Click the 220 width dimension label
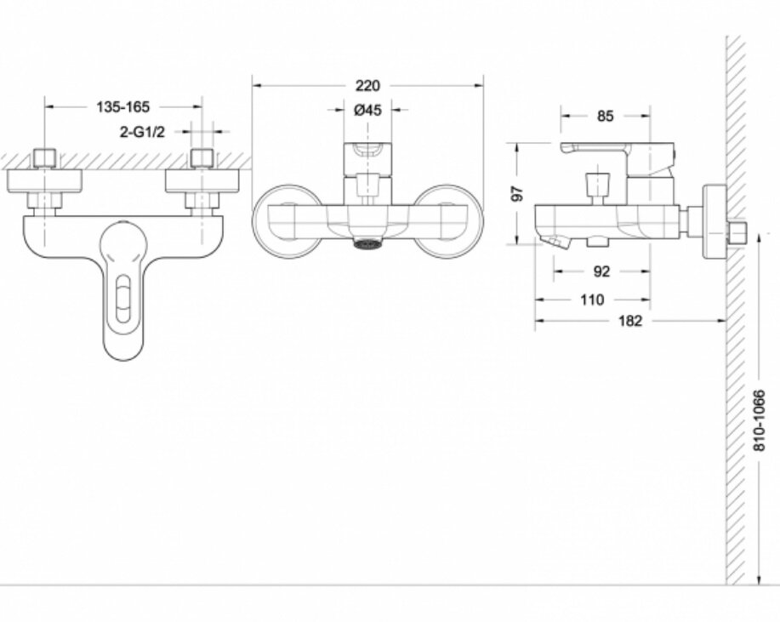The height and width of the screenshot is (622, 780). (367, 86)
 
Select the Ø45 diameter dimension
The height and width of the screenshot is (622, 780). (367, 110)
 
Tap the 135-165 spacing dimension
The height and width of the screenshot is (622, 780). (122, 106)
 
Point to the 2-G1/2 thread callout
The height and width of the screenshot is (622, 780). (142, 132)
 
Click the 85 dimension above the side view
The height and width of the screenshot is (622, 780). (605, 116)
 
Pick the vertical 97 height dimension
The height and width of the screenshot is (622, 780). (518, 193)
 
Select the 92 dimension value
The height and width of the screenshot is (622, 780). (601, 271)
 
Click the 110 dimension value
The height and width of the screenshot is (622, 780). (592, 300)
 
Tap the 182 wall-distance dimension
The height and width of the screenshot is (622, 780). (629, 321)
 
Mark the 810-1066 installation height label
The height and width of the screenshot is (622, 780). (759, 420)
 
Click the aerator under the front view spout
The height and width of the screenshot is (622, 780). (367, 243)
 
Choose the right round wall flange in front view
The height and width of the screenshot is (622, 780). (447, 222)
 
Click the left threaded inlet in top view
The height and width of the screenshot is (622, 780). (45, 158)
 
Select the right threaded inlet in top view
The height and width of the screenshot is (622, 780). (202, 158)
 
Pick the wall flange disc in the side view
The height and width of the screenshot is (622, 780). (715, 222)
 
